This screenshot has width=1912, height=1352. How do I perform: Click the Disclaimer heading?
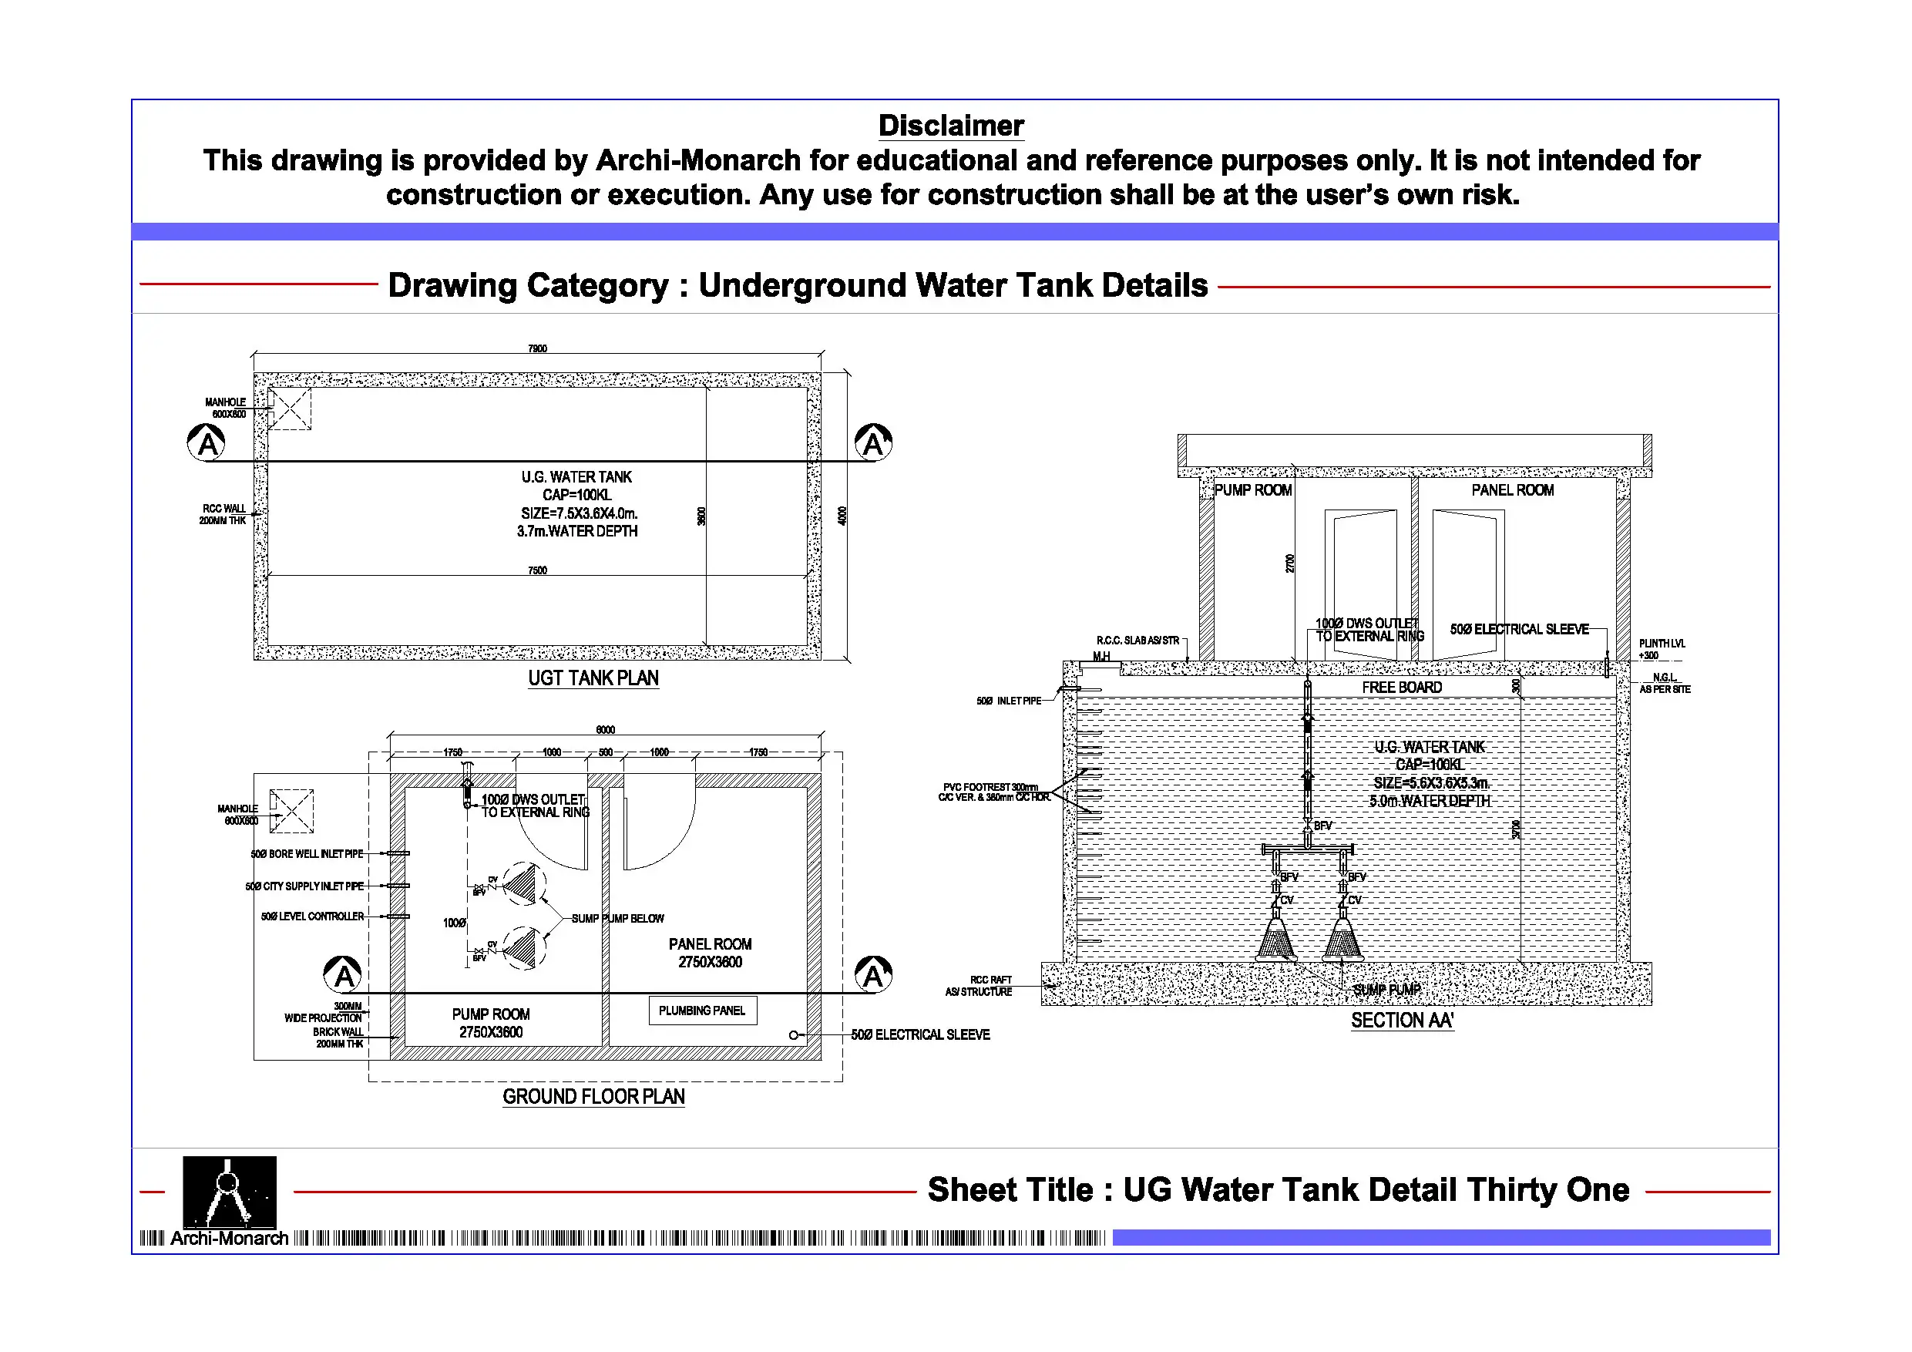(950, 126)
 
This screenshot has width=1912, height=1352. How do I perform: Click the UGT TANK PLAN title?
(593, 678)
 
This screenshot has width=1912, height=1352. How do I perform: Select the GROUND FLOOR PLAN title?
(593, 1096)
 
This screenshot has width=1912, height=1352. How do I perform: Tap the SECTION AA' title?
(1402, 1021)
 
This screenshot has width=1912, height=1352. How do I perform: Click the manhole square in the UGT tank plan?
(290, 409)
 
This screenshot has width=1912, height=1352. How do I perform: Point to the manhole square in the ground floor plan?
(291, 811)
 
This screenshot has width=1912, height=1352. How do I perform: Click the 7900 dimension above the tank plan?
(537, 348)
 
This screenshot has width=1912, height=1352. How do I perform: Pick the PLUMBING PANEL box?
(702, 1011)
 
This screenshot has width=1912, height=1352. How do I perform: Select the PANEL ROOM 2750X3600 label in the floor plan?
(710, 953)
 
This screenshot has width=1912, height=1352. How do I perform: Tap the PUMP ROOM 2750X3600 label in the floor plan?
(490, 1023)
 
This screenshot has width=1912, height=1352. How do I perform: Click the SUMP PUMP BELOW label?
(617, 918)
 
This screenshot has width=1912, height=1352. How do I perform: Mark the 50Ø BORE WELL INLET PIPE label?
(307, 854)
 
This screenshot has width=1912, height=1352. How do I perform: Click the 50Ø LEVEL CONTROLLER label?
(312, 916)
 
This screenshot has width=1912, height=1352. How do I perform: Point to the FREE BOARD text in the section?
(1402, 688)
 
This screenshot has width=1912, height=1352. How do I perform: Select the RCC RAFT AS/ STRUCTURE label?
(980, 985)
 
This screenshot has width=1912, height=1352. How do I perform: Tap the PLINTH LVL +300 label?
(1661, 649)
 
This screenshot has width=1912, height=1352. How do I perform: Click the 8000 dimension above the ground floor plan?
(606, 730)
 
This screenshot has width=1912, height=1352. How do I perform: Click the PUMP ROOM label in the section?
(1252, 489)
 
